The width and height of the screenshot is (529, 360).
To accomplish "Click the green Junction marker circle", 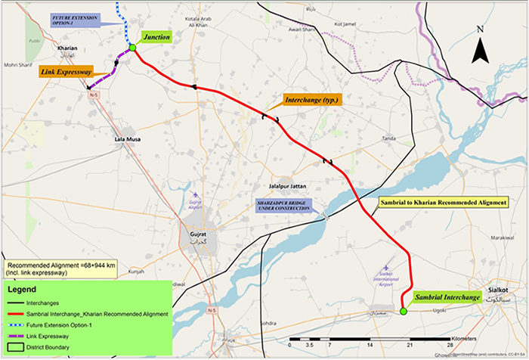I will (132, 48).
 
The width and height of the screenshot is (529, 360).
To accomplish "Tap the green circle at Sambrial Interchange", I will (404, 310).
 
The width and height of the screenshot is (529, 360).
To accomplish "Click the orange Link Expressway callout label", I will (66, 71).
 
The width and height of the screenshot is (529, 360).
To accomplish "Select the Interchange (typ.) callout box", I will (312, 100).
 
